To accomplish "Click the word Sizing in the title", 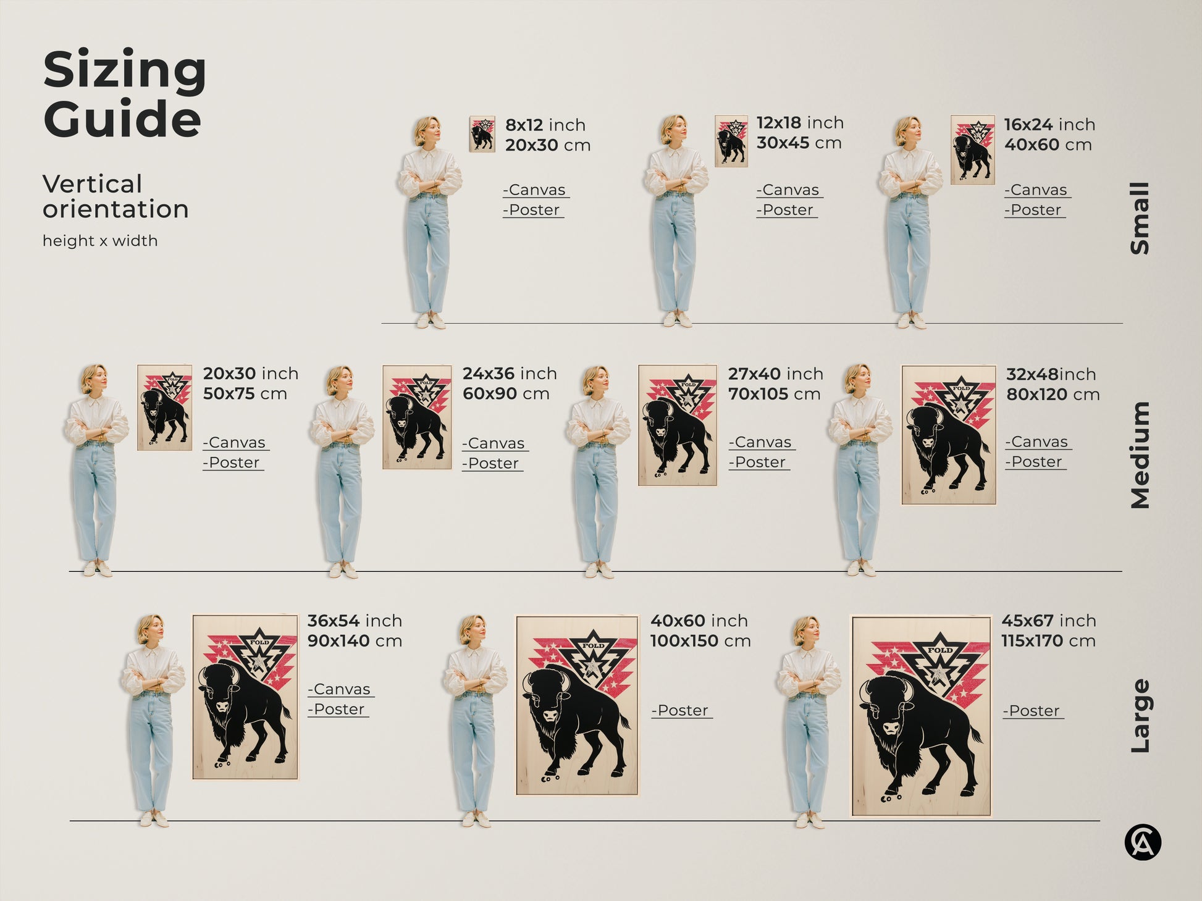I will pyautogui.click(x=124, y=71).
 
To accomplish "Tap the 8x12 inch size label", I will pyautogui.click(x=545, y=125).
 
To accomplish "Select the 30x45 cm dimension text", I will pyautogui.click(x=799, y=143).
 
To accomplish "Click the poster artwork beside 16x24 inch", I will pyautogui.click(x=972, y=149).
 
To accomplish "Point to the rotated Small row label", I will pyautogui.click(x=1140, y=218).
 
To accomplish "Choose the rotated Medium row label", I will pyautogui.click(x=1140, y=455).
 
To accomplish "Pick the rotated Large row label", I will pyautogui.click(x=1140, y=716).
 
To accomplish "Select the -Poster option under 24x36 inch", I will pyautogui.click(x=492, y=463).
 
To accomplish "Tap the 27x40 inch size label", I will pyautogui.click(x=775, y=374).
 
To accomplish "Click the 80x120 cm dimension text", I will pyautogui.click(x=1053, y=394).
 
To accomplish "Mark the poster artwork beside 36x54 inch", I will pyautogui.click(x=245, y=697).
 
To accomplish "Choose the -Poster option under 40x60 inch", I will pyautogui.click(x=681, y=711).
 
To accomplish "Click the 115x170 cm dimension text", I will pyautogui.click(x=1048, y=641).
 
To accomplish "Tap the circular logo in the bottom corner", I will pyautogui.click(x=1142, y=843).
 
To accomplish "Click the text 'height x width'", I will pyautogui.click(x=100, y=241).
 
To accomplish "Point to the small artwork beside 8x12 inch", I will pyautogui.click(x=482, y=134).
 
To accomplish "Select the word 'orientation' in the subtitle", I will pyautogui.click(x=116, y=209).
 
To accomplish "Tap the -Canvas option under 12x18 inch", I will pyautogui.click(x=789, y=190).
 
